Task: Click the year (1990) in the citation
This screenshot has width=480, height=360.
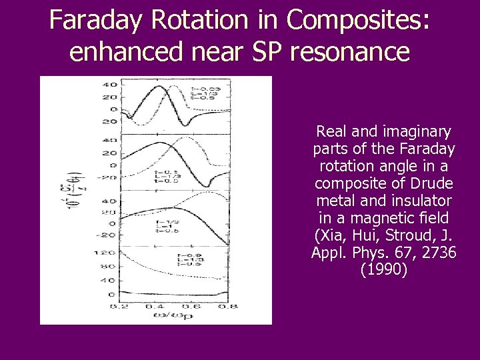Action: tap(384, 270)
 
